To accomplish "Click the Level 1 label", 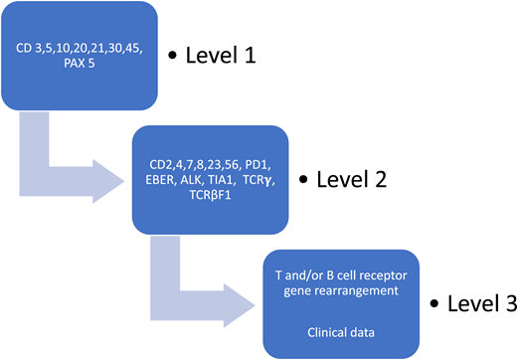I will click(222, 54).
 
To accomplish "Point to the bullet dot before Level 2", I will click(306, 180).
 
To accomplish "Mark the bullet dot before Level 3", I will click(435, 301).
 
